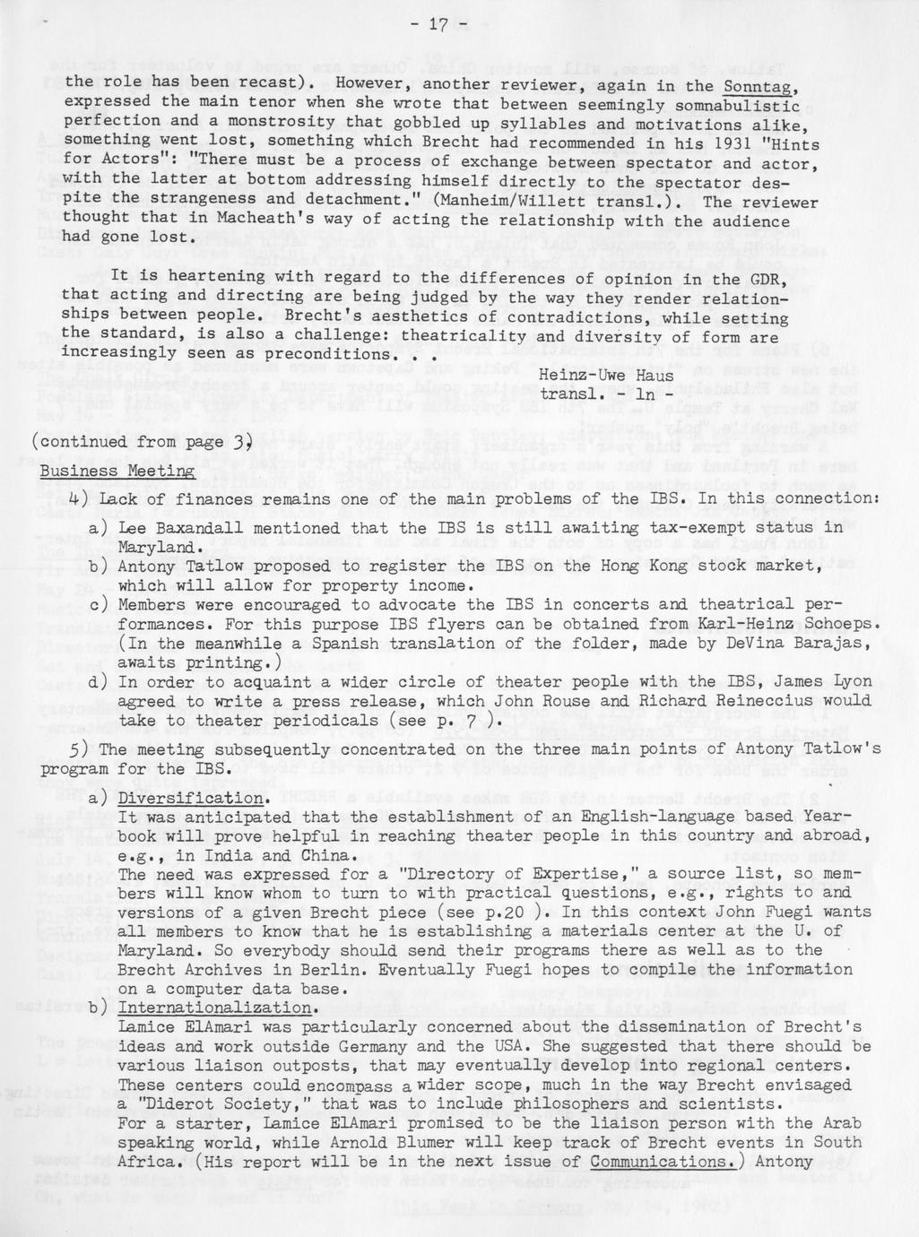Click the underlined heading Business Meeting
tap(117, 471)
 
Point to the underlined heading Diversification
tap(192, 799)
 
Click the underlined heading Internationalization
tap(217, 1008)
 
